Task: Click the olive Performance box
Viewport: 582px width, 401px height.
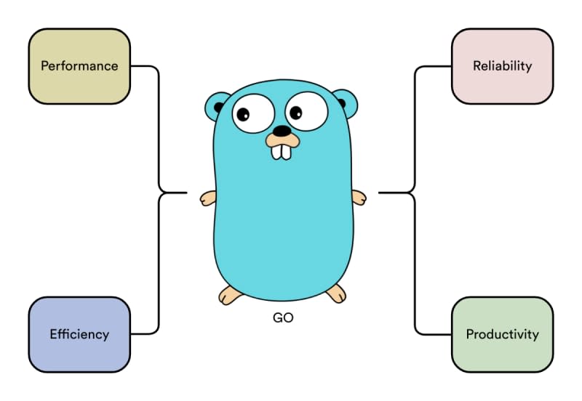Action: tap(79, 66)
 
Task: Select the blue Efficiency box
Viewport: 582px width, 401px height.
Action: tap(79, 334)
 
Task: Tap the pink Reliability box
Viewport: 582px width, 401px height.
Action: tap(502, 66)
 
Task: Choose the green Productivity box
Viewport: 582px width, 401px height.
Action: tap(502, 334)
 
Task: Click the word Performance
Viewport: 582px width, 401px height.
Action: tap(79, 66)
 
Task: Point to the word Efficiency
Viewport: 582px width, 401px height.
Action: tap(79, 335)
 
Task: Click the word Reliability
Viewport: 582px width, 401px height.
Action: tap(502, 66)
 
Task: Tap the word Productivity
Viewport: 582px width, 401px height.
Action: tap(502, 335)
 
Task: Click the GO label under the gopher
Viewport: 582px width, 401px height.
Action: tap(282, 318)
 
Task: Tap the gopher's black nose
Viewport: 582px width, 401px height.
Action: tap(281, 131)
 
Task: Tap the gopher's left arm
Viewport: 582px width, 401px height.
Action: tap(207, 198)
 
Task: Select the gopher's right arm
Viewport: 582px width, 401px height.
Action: tap(358, 197)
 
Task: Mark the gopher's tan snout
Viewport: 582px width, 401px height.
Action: tap(281, 138)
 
